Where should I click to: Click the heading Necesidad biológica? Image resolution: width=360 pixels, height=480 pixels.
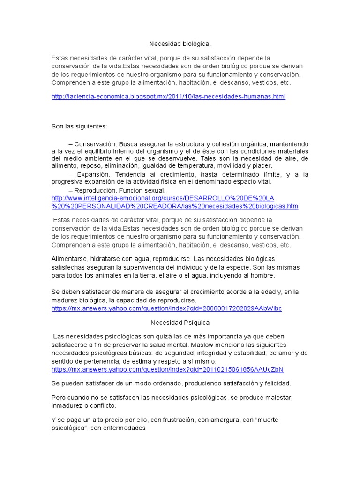pos(180,44)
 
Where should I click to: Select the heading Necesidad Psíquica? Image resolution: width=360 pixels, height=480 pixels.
pos(180,322)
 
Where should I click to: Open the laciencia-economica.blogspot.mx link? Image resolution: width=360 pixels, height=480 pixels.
pos(168,97)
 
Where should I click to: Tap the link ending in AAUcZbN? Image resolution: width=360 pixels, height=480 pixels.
pos(167,369)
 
